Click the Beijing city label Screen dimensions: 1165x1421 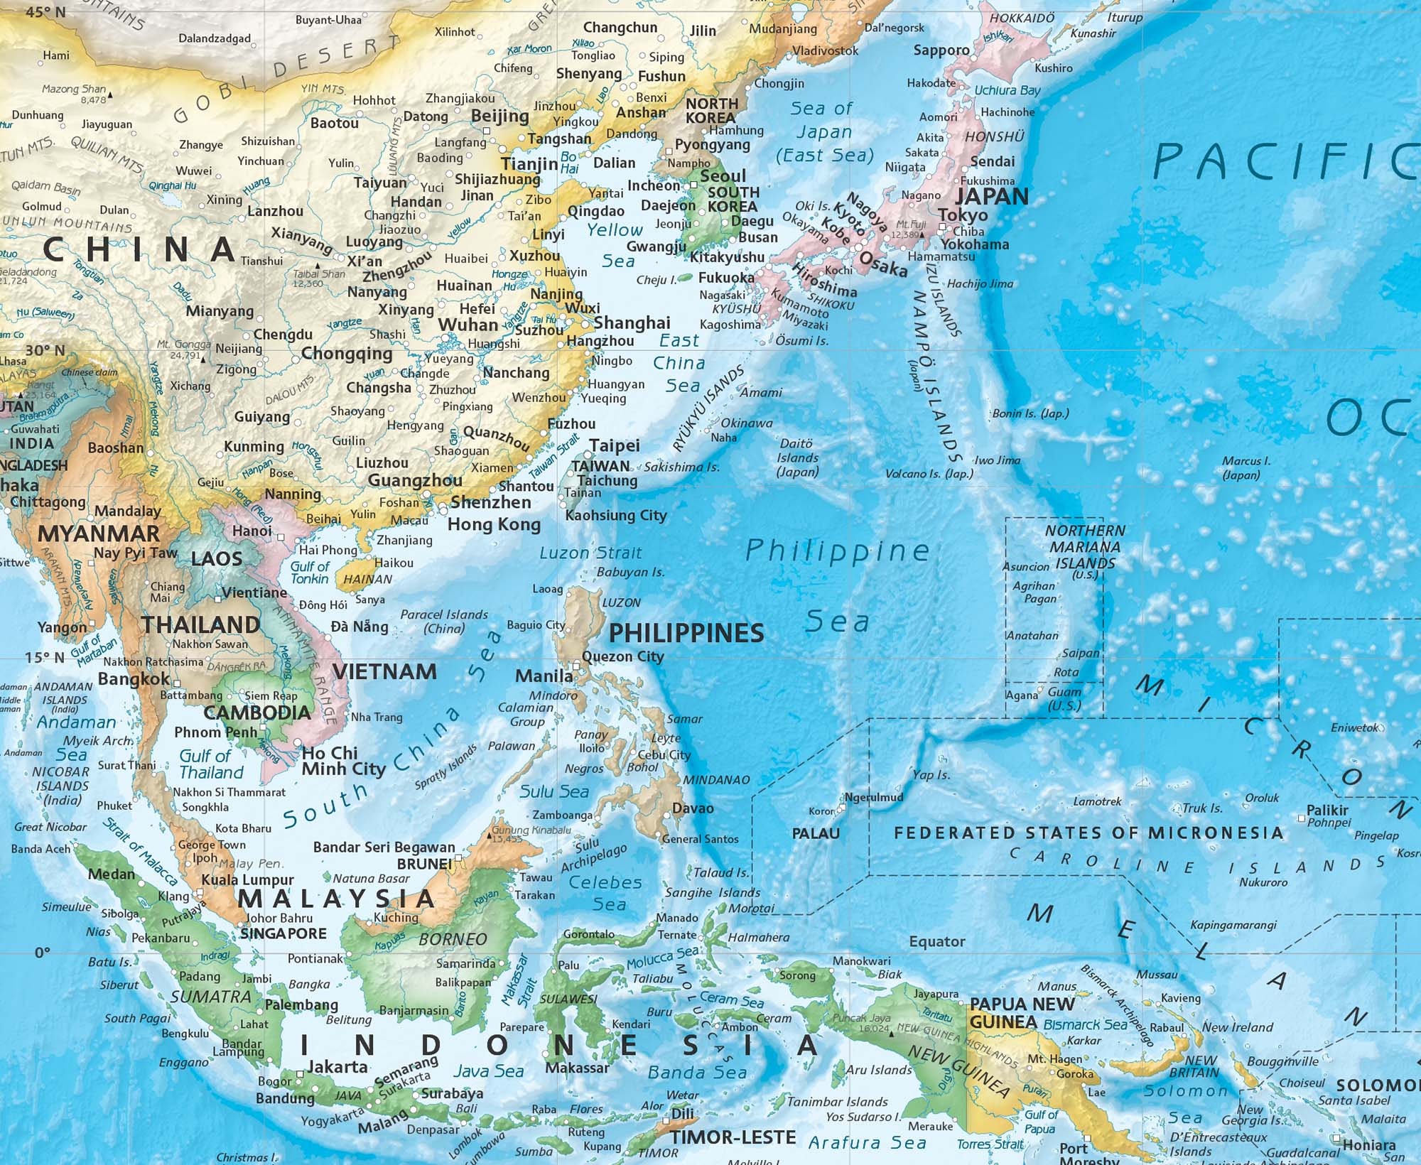pyautogui.click(x=500, y=116)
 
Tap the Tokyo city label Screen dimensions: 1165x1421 pyautogui.click(x=963, y=215)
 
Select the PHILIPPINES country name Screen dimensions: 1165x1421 pyautogui.click(x=686, y=632)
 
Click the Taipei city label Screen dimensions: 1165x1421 pyautogui.click(x=615, y=445)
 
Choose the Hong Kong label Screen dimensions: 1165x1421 pyautogui.click(x=494, y=524)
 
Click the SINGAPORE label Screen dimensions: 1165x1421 pyautogui.click(x=283, y=933)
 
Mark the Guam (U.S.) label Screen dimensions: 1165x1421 pyautogui.click(x=1064, y=698)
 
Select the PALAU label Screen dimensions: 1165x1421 pyautogui.click(x=816, y=833)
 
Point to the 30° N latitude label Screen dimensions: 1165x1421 pyautogui.click(x=45, y=350)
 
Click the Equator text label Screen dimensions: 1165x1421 pyautogui.click(x=937, y=941)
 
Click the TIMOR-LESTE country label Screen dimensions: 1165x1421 pyautogui.click(x=733, y=1137)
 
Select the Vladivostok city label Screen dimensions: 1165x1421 pyautogui.click(x=825, y=50)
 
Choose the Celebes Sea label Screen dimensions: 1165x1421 pyautogui.click(x=606, y=893)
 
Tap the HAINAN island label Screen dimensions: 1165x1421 pyautogui.click(x=367, y=579)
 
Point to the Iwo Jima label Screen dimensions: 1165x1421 pyautogui.click(x=997, y=460)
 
